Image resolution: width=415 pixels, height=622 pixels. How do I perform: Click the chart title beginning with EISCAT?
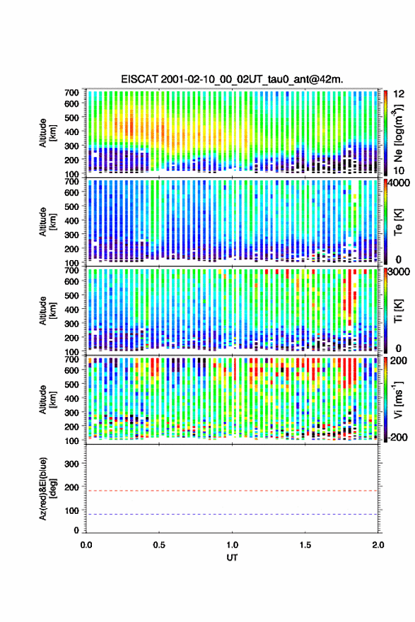point(232,79)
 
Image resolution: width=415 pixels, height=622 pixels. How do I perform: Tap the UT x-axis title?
point(232,558)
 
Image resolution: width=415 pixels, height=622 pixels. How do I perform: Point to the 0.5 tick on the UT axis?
point(159,545)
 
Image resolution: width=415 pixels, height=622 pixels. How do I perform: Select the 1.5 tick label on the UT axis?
point(305,545)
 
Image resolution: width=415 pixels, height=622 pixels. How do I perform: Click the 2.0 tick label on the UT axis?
point(378,545)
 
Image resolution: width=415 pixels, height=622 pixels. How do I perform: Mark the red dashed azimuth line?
point(232,491)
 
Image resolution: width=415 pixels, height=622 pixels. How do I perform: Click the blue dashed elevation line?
point(232,514)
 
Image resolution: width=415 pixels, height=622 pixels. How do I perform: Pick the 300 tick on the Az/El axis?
point(72,464)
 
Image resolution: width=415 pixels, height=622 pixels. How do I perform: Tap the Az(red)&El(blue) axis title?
point(47,488)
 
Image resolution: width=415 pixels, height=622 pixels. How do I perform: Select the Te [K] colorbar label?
point(398,222)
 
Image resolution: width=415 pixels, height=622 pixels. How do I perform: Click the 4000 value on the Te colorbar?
point(399,183)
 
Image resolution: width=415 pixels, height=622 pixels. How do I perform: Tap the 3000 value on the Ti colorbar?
point(399,271)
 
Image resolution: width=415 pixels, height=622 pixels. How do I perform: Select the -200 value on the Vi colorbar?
point(398,437)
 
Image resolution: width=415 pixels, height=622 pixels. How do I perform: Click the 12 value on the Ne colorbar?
point(399,94)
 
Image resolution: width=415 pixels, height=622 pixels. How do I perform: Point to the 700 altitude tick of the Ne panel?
point(72,93)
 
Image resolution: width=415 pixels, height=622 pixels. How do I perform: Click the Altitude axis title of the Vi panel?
point(47,399)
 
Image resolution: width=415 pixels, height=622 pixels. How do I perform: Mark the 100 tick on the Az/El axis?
point(72,510)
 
